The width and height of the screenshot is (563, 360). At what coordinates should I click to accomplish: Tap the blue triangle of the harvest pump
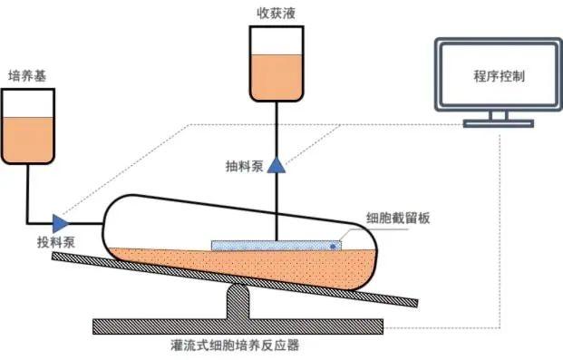[x=276, y=166]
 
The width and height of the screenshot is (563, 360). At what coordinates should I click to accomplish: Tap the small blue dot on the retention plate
[x=334, y=245]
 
